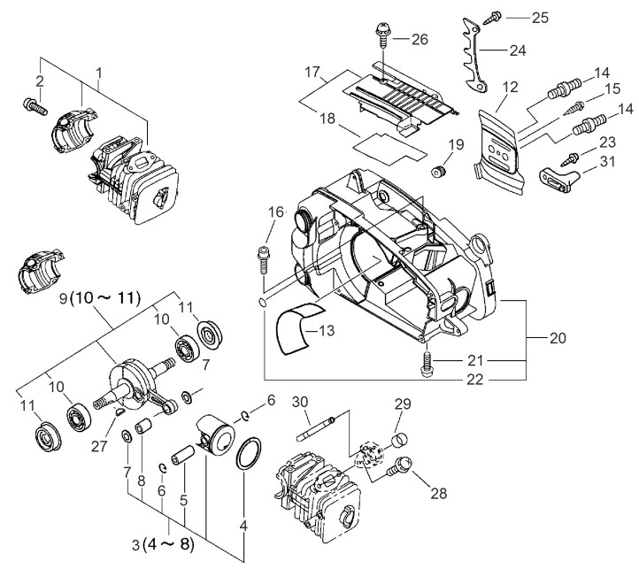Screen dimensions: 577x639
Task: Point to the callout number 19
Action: [456, 144]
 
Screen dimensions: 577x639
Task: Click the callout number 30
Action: [300, 401]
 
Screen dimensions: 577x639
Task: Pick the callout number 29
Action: [404, 404]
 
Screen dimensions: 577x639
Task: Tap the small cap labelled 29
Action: [399, 437]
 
